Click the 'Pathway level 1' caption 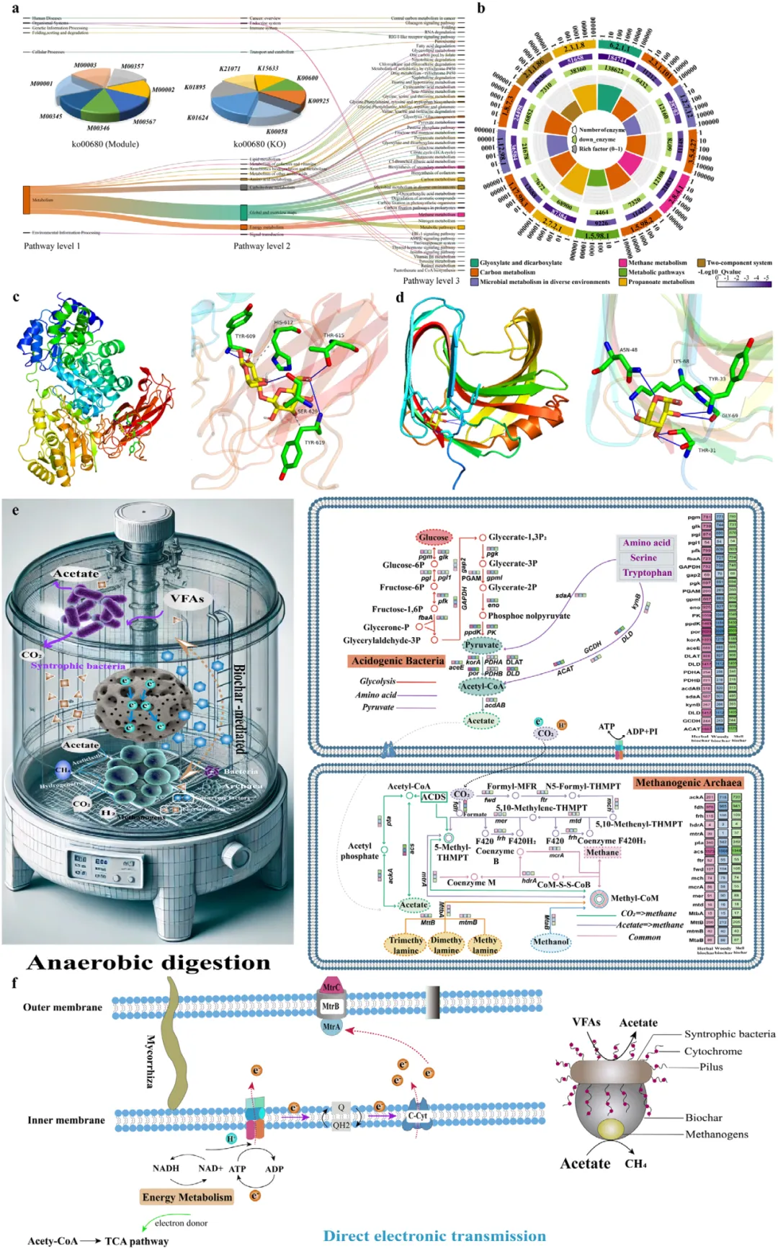(52, 246)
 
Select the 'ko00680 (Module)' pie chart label (105, 144)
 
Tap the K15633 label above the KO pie (268, 68)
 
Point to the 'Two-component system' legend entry (738, 263)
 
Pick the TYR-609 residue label (245, 337)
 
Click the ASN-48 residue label (628, 350)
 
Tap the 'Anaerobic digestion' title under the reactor (148, 963)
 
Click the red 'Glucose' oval (434, 537)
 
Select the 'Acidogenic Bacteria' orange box (398, 661)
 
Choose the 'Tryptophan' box (647, 573)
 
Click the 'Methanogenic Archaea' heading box (688, 783)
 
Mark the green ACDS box (434, 796)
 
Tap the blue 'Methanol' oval (551, 941)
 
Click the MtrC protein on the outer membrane (331, 987)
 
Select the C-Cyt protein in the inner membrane (418, 1116)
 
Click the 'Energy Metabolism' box (187, 1197)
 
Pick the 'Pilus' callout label (711, 1067)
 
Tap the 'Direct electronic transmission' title (434, 1236)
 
